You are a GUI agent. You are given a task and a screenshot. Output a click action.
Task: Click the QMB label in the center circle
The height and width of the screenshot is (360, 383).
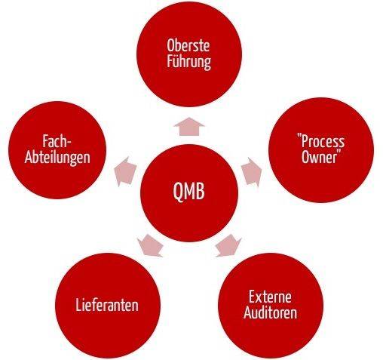[189, 191]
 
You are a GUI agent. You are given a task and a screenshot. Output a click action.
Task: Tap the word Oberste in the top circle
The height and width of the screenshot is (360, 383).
[188, 45]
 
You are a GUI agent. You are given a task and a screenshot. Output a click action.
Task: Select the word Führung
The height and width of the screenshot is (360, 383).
[188, 62]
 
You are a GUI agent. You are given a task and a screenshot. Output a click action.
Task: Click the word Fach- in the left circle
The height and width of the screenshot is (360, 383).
[57, 141]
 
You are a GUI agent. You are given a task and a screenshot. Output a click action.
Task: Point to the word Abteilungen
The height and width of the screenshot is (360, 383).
[57, 158]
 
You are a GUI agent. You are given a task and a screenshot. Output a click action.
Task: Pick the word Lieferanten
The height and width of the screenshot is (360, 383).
[107, 305]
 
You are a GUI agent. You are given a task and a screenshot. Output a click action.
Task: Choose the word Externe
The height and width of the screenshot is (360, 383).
[270, 297]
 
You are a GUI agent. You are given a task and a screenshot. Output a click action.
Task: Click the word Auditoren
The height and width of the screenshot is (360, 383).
[270, 312]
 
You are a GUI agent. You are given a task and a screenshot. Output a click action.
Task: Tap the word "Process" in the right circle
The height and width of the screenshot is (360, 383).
[320, 142]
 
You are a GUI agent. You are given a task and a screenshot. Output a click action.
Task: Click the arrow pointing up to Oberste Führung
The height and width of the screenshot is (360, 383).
[189, 127]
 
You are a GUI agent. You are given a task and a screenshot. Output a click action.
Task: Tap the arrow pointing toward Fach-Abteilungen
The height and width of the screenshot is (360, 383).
[125, 172]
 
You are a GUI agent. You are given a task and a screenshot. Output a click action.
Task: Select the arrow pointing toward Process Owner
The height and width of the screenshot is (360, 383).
[252, 172]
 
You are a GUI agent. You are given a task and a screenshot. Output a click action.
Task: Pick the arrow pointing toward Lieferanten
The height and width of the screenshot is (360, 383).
[150, 246]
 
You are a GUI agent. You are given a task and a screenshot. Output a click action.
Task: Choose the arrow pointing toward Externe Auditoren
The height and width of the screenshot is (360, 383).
[228, 245]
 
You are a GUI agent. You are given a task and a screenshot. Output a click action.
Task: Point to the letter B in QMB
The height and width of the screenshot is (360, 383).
[201, 191]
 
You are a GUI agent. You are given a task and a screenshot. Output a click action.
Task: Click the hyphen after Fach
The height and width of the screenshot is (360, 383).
[69, 143]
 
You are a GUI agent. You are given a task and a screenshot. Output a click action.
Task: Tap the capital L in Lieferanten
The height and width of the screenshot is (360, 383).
[78, 305]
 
